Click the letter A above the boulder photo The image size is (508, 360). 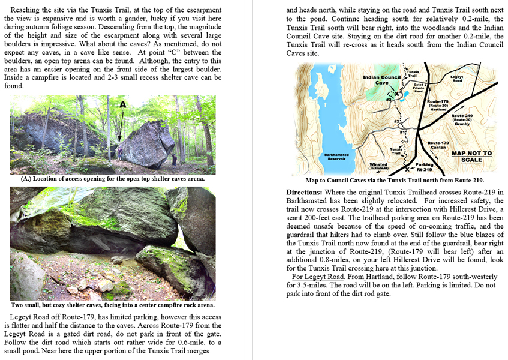(x=122, y=104)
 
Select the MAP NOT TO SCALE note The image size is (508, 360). (x=471, y=156)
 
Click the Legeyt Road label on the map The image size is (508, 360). (x=457, y=79)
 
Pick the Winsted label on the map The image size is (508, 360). (x=378, y=165)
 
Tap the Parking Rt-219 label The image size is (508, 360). (x=425, y=167)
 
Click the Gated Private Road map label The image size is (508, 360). (x=419, y=88)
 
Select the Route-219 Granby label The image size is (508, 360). (x=462, y=119)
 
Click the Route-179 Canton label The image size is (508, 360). (x=438, y=145)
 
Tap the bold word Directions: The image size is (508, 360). (x=305, y=192)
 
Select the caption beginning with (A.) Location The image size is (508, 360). (x=112, y=178)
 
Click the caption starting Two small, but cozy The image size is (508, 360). (x=112, y=305)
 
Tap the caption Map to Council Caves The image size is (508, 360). (x=395, y=180)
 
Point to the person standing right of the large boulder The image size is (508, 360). (x=175, y=160)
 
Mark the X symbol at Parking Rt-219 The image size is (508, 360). (x=407, y=170)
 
